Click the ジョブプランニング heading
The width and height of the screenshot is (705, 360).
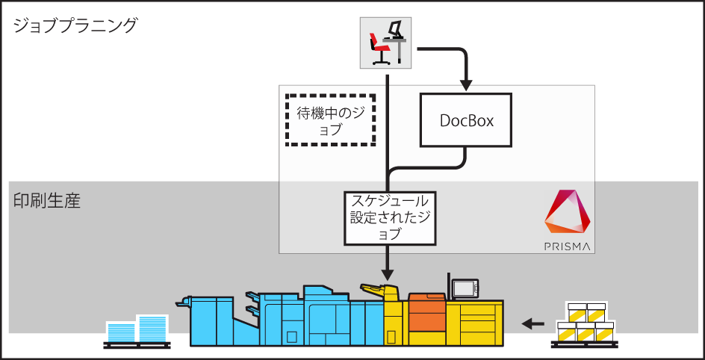(75, 26)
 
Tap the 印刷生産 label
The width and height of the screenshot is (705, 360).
(46, 201)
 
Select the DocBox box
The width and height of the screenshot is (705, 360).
(466, 120)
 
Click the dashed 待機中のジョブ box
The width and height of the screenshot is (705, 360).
(331, 120)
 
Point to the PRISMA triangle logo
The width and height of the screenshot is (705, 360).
(568, 214)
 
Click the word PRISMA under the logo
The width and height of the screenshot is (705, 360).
(568, 245)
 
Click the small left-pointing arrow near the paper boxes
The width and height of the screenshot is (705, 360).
(532, 323)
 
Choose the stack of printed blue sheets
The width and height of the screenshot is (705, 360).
(138, 330)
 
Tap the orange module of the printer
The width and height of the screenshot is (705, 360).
(426, 314)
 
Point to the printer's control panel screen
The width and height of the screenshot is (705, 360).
(465, 288)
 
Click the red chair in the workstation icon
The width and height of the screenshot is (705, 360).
(380, 52)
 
